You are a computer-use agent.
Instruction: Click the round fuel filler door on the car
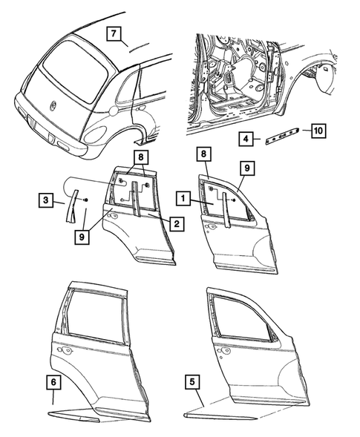coord(111,111)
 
